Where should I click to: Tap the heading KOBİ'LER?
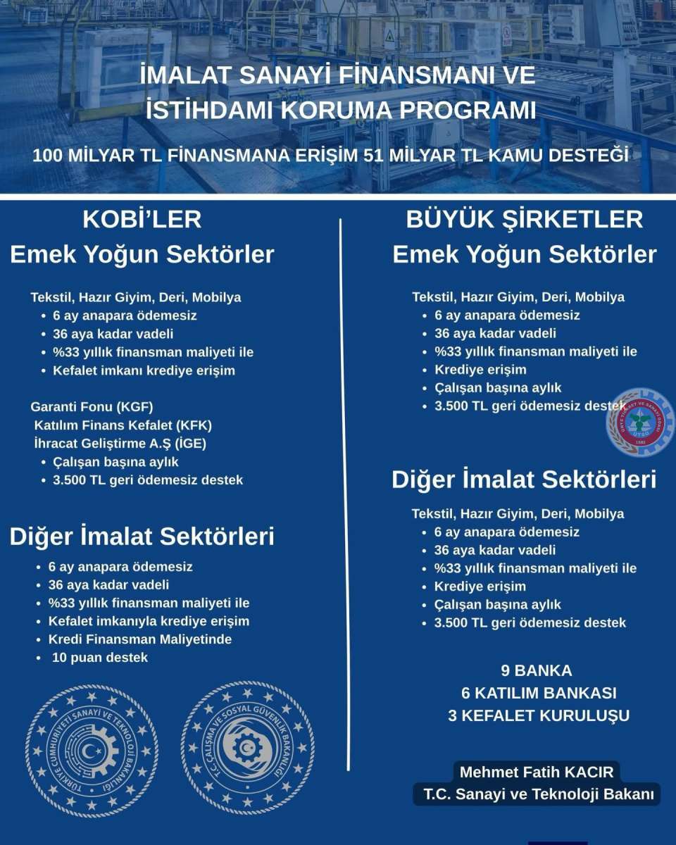[x=142, y=219]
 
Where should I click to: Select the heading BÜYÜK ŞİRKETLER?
[x=525, y=219]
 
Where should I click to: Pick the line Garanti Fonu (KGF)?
[x=92, y=407]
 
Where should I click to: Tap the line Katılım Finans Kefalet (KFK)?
[x=123, y=425]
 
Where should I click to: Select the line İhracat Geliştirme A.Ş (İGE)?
[x=120, y=444]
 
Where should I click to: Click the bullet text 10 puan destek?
[x=100, y=658]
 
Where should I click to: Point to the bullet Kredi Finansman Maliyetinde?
[x=140, y=639]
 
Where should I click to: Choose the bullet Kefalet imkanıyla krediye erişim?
[x=149, y=621]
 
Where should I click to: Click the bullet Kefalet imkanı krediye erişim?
[x=144, y=370]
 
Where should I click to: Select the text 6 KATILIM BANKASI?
[x=539, y=693]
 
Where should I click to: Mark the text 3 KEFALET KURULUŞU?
[x=539, y=715]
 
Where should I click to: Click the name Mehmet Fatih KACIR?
[x=537, y=772]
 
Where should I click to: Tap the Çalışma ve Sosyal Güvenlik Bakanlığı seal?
[x=248, y=748]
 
